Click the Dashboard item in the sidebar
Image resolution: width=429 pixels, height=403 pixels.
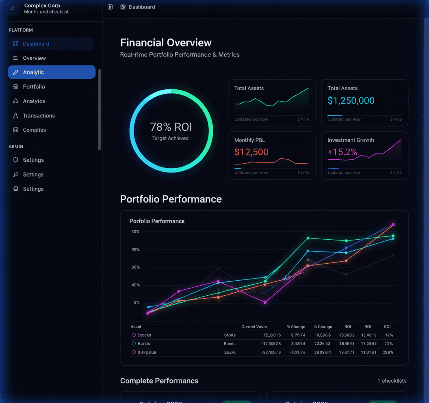pos(36,44)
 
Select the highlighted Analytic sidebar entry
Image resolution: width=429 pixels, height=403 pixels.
pos(33,72)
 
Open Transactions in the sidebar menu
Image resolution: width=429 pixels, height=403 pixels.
pos(39,116)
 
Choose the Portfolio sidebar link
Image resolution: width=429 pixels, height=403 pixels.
pos(34,87)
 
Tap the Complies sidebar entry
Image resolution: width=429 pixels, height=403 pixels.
pos(34,130)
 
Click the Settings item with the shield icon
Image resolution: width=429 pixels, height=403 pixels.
pos(33,160)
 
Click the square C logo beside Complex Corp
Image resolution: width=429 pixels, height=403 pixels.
pos(13,9)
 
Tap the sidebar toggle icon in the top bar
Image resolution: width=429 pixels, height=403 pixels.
pos(110,7)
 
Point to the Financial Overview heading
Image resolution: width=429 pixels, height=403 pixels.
pos(166,43)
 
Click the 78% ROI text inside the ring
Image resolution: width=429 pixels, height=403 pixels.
pos(171,127)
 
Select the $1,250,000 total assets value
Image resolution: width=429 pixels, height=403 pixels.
pos(351,101)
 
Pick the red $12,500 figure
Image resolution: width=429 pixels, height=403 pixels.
pos(251,152)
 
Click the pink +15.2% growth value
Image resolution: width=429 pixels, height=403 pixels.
pos(342,152)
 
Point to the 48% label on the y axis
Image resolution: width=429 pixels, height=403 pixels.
pos(135,285)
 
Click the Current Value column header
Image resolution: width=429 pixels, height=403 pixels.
pos(254,327)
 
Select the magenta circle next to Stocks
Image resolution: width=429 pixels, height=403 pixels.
pos(134,335)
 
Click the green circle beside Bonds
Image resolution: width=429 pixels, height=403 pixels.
pos(134,344)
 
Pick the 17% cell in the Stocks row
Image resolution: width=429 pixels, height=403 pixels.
pos(389,335)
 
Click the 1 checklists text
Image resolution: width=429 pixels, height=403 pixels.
pos(392,381)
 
